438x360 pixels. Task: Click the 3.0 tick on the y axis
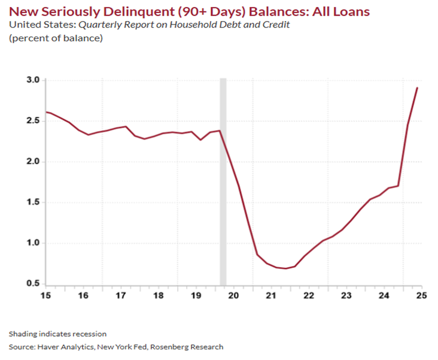tap(32, 80)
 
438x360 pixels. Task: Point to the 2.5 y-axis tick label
tap(32, 121)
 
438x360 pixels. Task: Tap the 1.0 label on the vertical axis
tap(32, 243)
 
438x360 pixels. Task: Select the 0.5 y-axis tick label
tap(32, 283)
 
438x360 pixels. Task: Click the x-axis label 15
tap(46, 295)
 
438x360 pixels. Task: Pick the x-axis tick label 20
tap(234, 295)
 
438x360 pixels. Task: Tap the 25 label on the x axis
tap(421, 295)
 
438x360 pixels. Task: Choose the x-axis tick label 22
tap(309, 295)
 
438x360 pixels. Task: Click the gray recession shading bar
tap(223, 180)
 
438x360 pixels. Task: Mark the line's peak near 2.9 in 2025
tap(417, 88)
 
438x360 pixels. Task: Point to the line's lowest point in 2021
tap(286, 268)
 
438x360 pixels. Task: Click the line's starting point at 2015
tap(47, 112)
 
